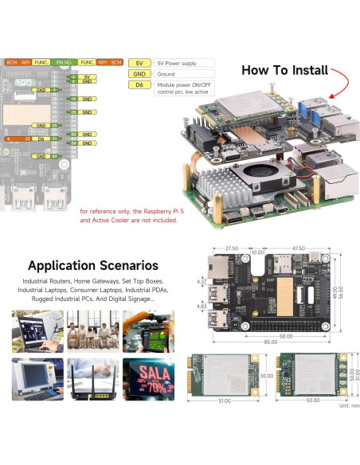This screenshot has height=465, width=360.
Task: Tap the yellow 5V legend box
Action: [139, 62]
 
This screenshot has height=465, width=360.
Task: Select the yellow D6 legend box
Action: [139, 84]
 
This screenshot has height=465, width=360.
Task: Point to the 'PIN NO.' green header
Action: [65, 61]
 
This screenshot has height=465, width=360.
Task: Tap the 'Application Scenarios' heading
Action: [93, 265]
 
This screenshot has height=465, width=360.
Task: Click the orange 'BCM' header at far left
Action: [12, 61]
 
